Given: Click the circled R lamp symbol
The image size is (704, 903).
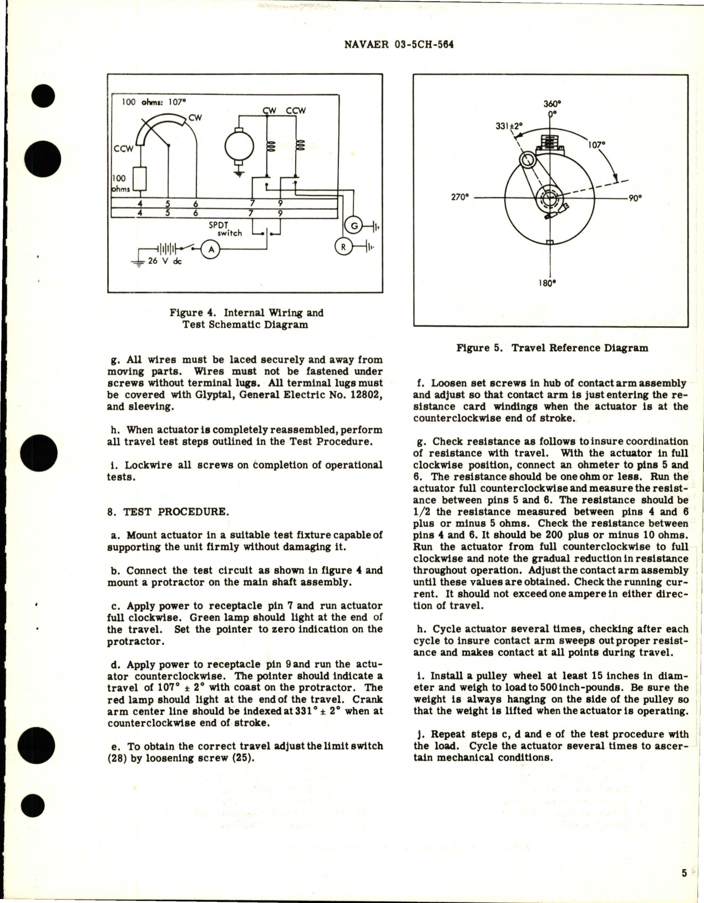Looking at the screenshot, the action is (343, 247).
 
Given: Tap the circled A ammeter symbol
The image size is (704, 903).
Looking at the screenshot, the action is (211, 250).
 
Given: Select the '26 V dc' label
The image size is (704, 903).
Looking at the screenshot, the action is (164, 261).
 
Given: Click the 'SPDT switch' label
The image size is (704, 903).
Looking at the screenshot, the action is (230, 229).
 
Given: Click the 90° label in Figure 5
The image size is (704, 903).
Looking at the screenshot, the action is (634, 197).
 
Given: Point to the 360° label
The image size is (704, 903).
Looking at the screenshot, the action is (551, 103).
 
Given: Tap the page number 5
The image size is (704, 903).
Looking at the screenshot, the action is (685, 873).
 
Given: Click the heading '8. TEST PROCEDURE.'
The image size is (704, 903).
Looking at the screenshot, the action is (168, 511).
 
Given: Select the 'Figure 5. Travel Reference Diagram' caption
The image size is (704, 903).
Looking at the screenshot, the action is (551, 348).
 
